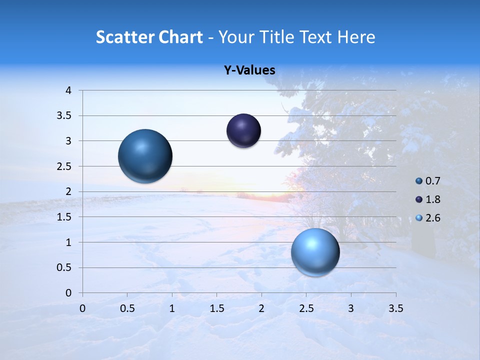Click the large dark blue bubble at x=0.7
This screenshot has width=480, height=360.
coord(145,156)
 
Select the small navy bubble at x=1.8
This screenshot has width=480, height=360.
coord(243,131)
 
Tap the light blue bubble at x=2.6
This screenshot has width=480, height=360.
coord(315,252)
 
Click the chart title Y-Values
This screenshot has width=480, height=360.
coord(249,70)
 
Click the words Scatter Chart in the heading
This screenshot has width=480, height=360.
coord(149,37)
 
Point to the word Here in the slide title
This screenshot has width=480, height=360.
coord(356,37)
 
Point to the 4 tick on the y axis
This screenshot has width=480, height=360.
coord(68,90)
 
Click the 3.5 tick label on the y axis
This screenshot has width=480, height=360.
coord(65,116)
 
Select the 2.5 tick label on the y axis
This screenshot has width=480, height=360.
coord(65,166)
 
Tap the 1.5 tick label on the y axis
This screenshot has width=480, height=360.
coord(65,217)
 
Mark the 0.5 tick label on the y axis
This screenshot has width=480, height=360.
coord(65,267)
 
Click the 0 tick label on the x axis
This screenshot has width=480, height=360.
coord(82,308)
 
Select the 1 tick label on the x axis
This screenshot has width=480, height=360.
coord(172,308)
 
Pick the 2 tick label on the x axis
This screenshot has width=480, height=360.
coord(261,308)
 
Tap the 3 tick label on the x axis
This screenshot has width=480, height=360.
coord(351,308)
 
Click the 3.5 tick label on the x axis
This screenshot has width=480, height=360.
coord(395,308)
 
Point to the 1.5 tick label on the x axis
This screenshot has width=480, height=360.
coord(216,308)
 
